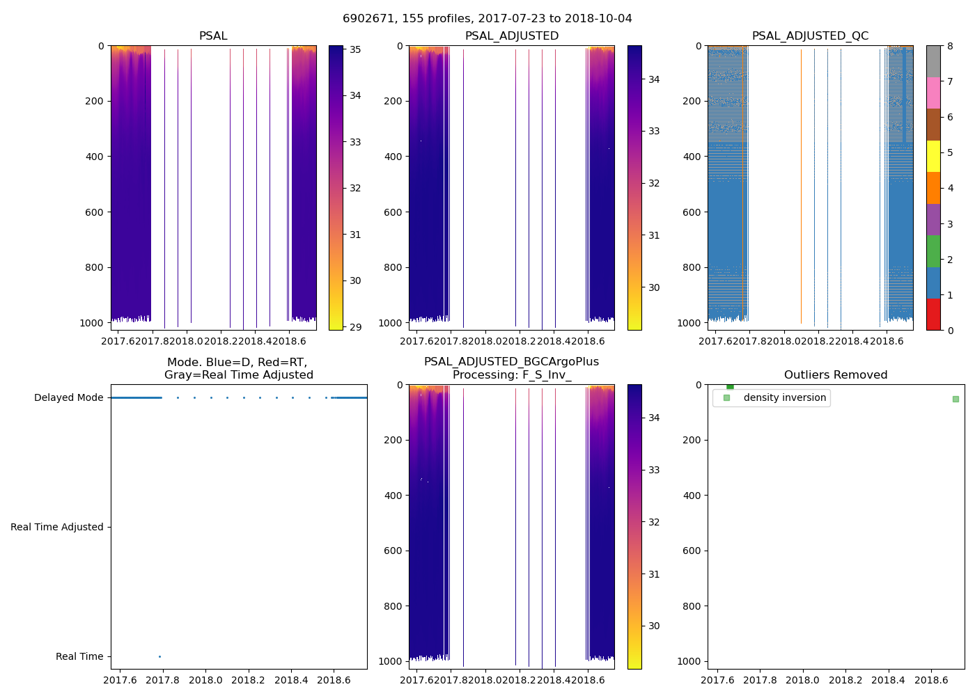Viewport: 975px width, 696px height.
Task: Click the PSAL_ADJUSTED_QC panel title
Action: coord(810,36)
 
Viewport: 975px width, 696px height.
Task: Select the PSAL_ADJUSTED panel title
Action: coord(512,36)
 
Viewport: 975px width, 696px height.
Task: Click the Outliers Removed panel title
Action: coord(836,375)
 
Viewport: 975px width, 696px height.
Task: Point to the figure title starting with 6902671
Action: coord(487,19)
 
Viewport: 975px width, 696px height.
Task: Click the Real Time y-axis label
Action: coord(79,656)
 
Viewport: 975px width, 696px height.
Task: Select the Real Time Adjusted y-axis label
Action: coord(57,527)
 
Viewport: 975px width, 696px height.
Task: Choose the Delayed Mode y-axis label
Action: coord(68,397)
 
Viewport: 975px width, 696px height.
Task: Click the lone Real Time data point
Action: coord(159,656)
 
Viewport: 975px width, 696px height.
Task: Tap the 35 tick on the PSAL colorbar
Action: coord(355,49)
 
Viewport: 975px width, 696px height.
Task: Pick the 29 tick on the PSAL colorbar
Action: coord(355,326)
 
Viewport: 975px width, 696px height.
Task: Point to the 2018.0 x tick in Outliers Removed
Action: coord(803,680)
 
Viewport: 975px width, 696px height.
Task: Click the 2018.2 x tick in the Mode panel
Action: coord(249,680)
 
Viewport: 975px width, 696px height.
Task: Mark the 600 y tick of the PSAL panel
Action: coord(95,212)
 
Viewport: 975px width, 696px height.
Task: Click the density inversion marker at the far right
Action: coord(955,399)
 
